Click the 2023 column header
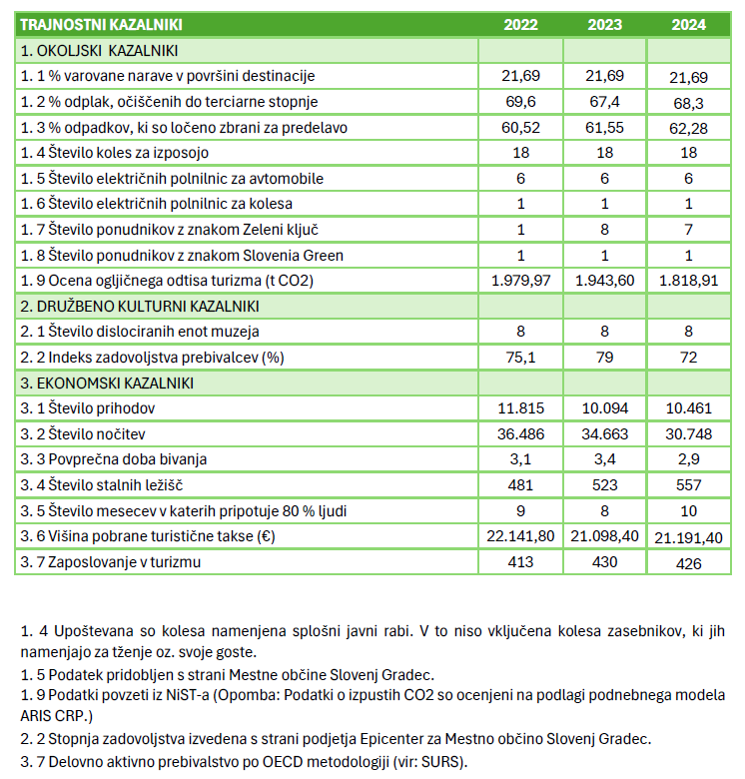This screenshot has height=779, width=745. click(605, 24)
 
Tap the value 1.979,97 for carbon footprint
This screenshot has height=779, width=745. click(521, 280)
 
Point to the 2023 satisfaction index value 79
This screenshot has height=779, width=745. click(605, 358)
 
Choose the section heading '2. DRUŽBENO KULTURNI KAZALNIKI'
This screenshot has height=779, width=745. click(139, 306)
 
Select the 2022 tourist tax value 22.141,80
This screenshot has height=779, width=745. click(521, 537)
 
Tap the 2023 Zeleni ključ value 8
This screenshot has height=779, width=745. click(605, 229)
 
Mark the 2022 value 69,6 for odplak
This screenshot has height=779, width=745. click(521, 101)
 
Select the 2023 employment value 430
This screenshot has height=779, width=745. click(605, 562)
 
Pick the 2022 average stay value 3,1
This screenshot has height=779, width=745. click(521, 459)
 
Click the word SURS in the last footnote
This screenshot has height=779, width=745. click(435, 762)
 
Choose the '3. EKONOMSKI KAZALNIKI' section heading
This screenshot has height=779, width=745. click(106, 383)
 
